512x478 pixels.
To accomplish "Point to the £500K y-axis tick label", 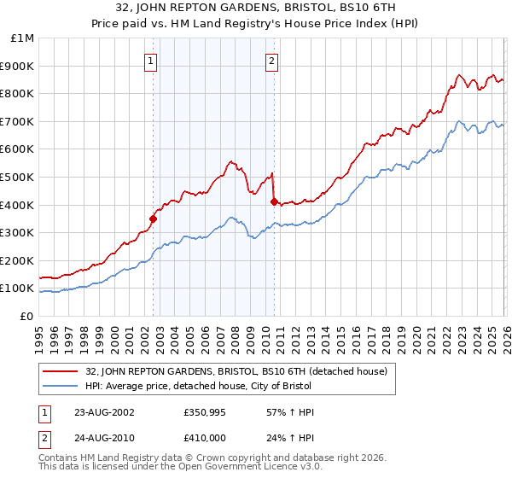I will [19, 177].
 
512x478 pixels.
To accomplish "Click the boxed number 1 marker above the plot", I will [151, 61].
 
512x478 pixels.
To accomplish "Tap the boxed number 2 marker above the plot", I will [271, 61].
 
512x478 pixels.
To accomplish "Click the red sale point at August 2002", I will [154, 219].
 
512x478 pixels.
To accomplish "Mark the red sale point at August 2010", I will [274, 202].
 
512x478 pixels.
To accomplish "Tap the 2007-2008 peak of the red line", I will [230, 160].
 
